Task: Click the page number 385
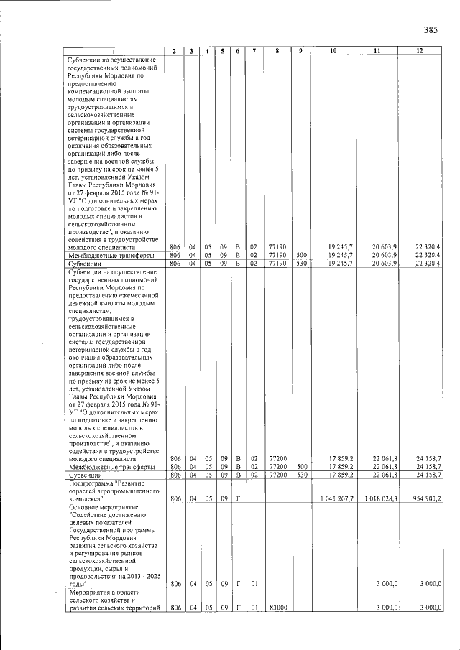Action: click(431, 30)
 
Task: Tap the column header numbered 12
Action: click(420, 51)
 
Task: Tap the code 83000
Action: click(277, 608)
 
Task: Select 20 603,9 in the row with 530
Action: click(382, 264)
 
